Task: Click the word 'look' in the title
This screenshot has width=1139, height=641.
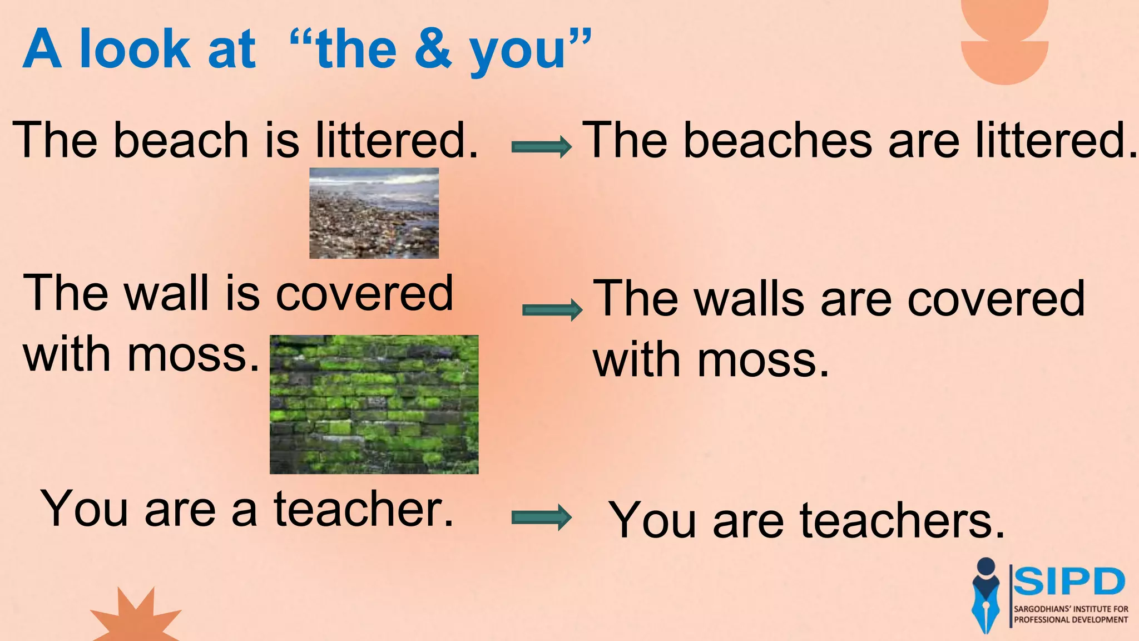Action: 135,50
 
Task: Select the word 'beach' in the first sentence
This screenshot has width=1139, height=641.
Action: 181,140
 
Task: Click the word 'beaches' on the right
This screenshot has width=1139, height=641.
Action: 778,141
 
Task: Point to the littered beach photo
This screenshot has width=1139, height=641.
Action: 374,213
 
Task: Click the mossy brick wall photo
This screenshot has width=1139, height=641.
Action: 374,405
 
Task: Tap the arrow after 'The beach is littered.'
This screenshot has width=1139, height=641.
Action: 541,147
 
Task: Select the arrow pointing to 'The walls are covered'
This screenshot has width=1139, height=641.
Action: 552,310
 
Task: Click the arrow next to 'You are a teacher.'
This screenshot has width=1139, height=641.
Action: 541,518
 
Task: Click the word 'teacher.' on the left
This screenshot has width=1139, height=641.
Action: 364,509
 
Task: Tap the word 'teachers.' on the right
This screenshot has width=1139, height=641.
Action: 902,521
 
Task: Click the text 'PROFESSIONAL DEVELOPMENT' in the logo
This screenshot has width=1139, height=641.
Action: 1071,620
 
